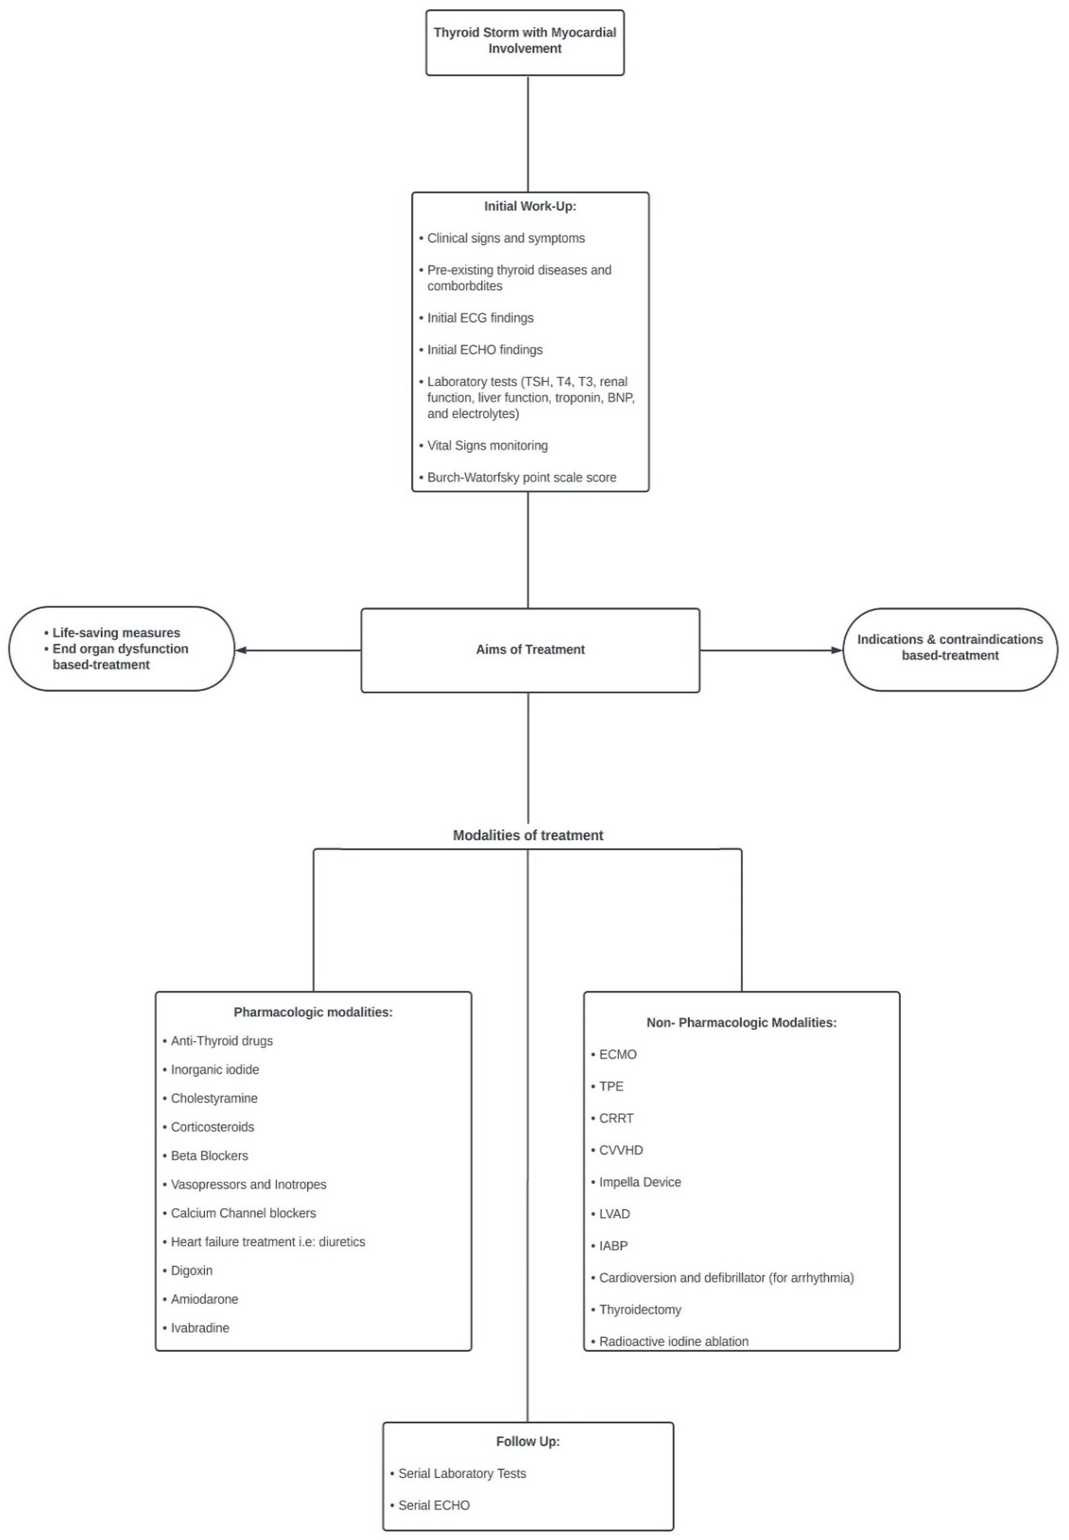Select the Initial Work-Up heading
pyautogui.click(x=530, y=206)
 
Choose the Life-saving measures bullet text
pyautogui.click(x=116, y=633)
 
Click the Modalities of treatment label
pyautogui.click(x=528, y=835)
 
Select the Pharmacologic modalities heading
pyautogui.click(x=313, y=1012)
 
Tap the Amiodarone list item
pyautogui.click(x=204, y=1300)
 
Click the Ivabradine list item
pyautogui.click(x=200, y=1328)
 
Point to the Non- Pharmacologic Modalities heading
pyautogui.click(x=741, y=1023)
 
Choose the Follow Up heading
pyautogui.click(x=528, y=1442)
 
